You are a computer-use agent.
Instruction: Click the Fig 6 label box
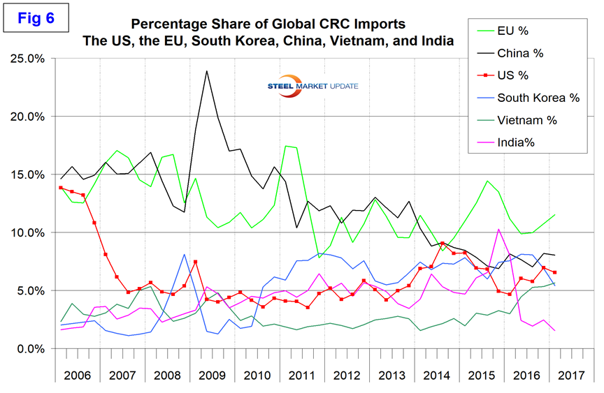coord(38,18)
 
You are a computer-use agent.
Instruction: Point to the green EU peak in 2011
coord(287,146)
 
